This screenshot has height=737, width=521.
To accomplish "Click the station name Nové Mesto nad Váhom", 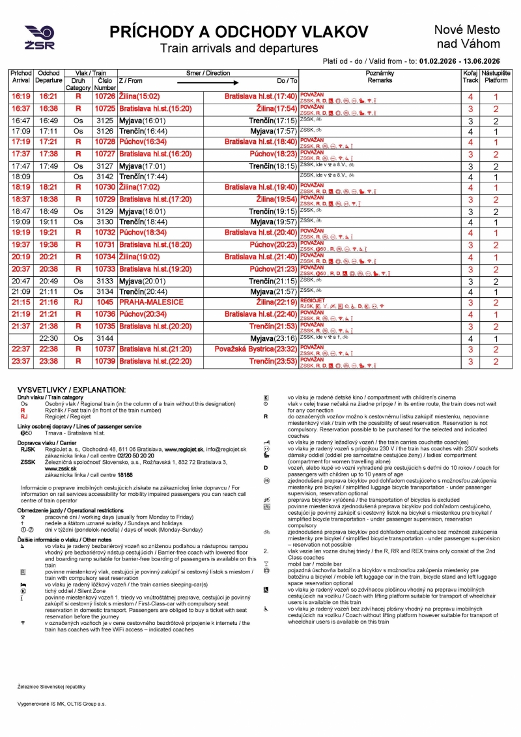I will point(467,36).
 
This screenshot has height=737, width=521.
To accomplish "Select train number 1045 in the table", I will point(104,303).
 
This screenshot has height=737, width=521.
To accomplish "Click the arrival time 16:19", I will point(21,96).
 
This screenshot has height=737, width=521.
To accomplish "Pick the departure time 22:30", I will point(49,339).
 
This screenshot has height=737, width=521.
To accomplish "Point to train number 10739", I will point(104,362).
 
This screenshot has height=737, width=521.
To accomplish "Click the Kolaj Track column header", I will point(470,77).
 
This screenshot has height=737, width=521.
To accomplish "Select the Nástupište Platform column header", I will point(496,77).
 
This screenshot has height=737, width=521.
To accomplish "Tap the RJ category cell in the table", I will point(79,303).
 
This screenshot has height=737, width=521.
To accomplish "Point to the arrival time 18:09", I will point(21,177).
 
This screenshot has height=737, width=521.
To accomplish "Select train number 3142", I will point(104,177).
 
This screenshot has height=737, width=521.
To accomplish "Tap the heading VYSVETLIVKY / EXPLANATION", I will point(71,390).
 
